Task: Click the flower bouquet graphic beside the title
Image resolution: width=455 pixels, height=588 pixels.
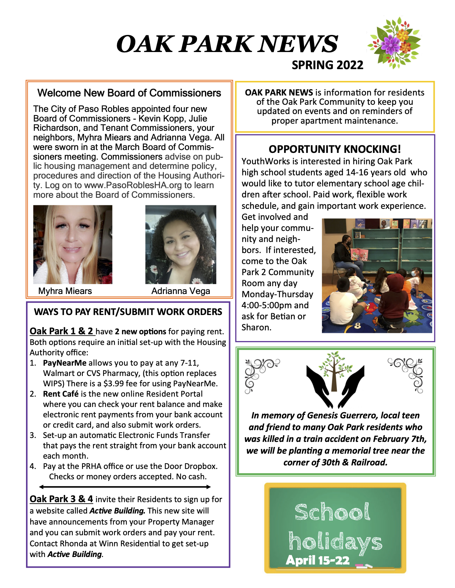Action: click(x=394, y=43)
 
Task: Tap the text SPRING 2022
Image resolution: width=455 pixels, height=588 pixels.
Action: click(x=327, y=65)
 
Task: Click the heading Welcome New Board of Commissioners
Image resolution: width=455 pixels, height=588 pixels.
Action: click(x=129, y=93)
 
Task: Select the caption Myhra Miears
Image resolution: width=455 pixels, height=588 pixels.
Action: click(x=65, y=291)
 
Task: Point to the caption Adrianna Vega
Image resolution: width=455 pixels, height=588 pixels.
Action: click(x=181, y=291)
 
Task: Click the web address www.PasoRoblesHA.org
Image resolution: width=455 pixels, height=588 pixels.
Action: click(x=133, y=185)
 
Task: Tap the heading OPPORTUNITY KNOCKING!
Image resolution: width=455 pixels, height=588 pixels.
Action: click(x=335, y=149)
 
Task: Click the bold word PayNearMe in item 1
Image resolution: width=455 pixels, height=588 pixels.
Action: click(x=65, y=363)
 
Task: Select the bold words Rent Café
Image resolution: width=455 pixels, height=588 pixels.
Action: click(x=61, y=394)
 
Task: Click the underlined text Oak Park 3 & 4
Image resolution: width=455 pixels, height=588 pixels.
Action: click(x=61, y=499)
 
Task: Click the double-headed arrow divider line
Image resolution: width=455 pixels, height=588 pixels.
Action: click(x=125, y=487)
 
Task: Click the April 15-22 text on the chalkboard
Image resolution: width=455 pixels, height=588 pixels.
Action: click(x=317, y=560)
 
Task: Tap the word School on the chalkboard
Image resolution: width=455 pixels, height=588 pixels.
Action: click(x=332, y=512)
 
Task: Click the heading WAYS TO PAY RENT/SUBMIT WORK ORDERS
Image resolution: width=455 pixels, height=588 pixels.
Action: click(x=128, y=312)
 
